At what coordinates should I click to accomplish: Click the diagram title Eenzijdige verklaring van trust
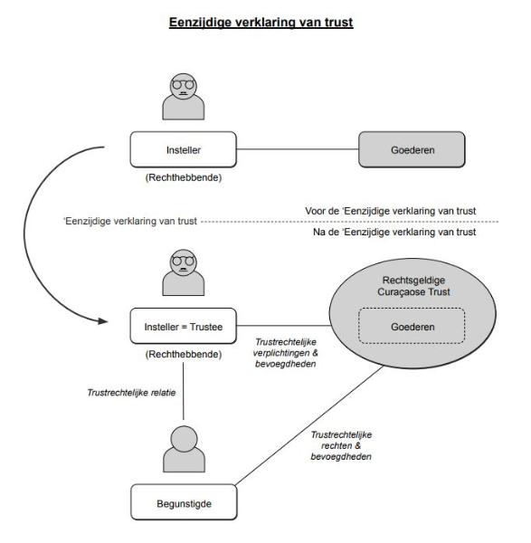pos(261,23)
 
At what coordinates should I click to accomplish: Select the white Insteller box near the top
pos(183,149)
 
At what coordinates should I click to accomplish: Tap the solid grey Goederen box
pos(412,149)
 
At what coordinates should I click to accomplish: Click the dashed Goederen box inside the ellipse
pos(412,326)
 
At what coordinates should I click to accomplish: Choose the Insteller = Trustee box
pos(183,326)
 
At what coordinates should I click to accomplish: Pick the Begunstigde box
pos(184,502)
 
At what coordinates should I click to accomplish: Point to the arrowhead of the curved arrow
pos(103,321)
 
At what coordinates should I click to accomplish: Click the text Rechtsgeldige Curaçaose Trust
pos(413,286)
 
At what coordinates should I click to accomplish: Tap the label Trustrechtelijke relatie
pos(131,393)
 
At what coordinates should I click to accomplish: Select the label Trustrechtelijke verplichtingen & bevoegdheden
pos(285,353)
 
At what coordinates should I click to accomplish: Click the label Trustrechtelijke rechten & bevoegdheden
pos(341,445)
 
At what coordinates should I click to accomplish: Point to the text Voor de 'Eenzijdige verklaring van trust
pos(391,211)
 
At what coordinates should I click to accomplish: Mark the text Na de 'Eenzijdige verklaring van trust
pos(394,232)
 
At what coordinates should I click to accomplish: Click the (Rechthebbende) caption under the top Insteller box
pos(183,177)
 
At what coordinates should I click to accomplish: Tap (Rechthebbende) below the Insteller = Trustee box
pos(183,354)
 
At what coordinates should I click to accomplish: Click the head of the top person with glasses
pos(184,86)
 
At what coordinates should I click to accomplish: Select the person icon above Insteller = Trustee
pos(184,272)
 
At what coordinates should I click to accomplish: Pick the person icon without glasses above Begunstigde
pos(184,449)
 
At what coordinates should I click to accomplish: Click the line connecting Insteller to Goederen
pos(298,149)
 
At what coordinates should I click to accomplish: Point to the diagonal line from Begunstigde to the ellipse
pos(309,425)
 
